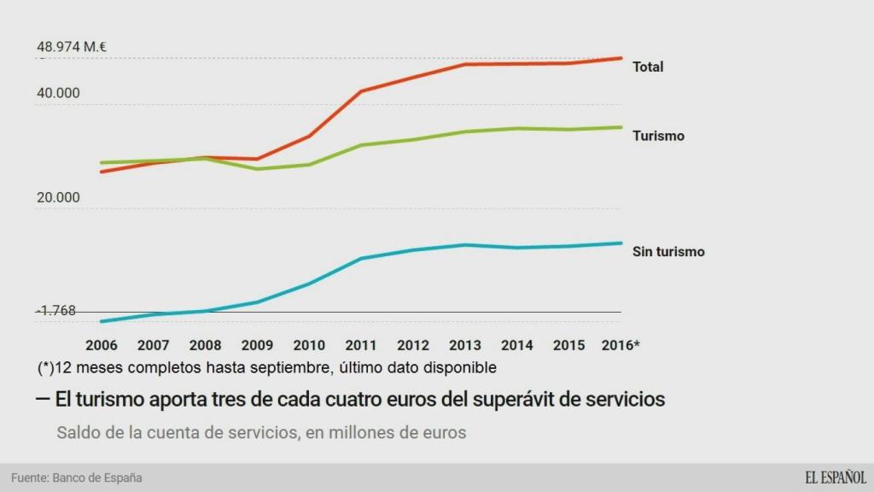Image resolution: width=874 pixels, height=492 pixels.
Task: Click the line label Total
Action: (647, 67)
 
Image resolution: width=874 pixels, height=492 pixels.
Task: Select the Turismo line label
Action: (658, 136)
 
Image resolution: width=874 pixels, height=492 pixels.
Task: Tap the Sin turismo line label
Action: (668, 252)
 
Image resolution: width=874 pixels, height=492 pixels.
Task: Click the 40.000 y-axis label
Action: (58, 94)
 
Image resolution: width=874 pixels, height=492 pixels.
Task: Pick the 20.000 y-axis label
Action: (58, 197)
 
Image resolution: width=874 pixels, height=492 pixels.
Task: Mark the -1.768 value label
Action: (56, 311)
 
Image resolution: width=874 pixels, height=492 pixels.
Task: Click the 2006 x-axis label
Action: (102, 346)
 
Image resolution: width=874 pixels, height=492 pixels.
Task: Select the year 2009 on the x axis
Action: (257, 346)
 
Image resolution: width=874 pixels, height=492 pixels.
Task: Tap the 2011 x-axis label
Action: (361, 346)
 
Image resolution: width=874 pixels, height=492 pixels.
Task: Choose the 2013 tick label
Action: (465, 346)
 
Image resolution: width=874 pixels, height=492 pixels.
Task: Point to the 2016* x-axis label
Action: (621, 346)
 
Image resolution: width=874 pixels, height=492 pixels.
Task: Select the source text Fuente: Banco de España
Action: (76, 477)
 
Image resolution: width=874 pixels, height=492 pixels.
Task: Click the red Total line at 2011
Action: (361, 91)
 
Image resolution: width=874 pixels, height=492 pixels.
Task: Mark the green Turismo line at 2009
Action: (257, 169)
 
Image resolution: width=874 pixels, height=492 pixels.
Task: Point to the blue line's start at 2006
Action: (102, 321)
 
